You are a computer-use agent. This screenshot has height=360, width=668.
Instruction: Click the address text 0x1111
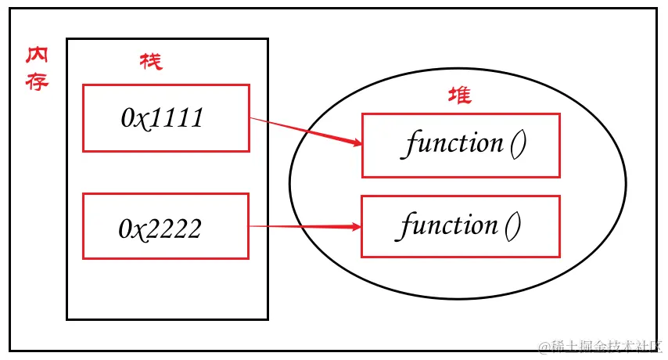click(x=163, y=117)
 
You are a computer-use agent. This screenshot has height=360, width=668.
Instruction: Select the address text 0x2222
click(x=160, y=228)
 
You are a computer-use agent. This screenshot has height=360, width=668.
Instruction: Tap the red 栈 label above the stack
click(x=151, y=61)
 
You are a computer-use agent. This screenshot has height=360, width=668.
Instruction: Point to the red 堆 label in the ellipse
click(x=459, y=96)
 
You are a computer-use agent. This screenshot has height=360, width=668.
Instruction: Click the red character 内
click(x=37, y=57)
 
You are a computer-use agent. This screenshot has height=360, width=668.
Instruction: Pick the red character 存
click(x=37, y=81)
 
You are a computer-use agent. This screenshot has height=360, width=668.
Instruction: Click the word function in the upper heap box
click(x=454, y=144)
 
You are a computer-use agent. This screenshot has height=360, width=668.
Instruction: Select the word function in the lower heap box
click(x=449, y=226)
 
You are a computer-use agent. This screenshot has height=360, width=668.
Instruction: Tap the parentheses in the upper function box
click(x=517, y=145)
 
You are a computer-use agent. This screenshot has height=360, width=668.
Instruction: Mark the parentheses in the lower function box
click(x=512, y=227)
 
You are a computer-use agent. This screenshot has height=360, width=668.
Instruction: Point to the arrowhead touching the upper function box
click(x=357, y=143)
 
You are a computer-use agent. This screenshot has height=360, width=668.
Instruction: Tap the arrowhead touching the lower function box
click(x=356, y=227)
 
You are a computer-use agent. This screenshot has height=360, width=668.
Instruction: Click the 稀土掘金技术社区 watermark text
click(x=605, y=345)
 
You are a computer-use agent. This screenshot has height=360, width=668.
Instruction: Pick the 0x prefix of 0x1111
click(x=133, y=117)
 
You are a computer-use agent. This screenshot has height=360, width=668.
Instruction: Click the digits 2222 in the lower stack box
click(x=176, y=228)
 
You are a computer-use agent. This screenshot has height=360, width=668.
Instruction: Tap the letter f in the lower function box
click(x=407, y=226)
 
